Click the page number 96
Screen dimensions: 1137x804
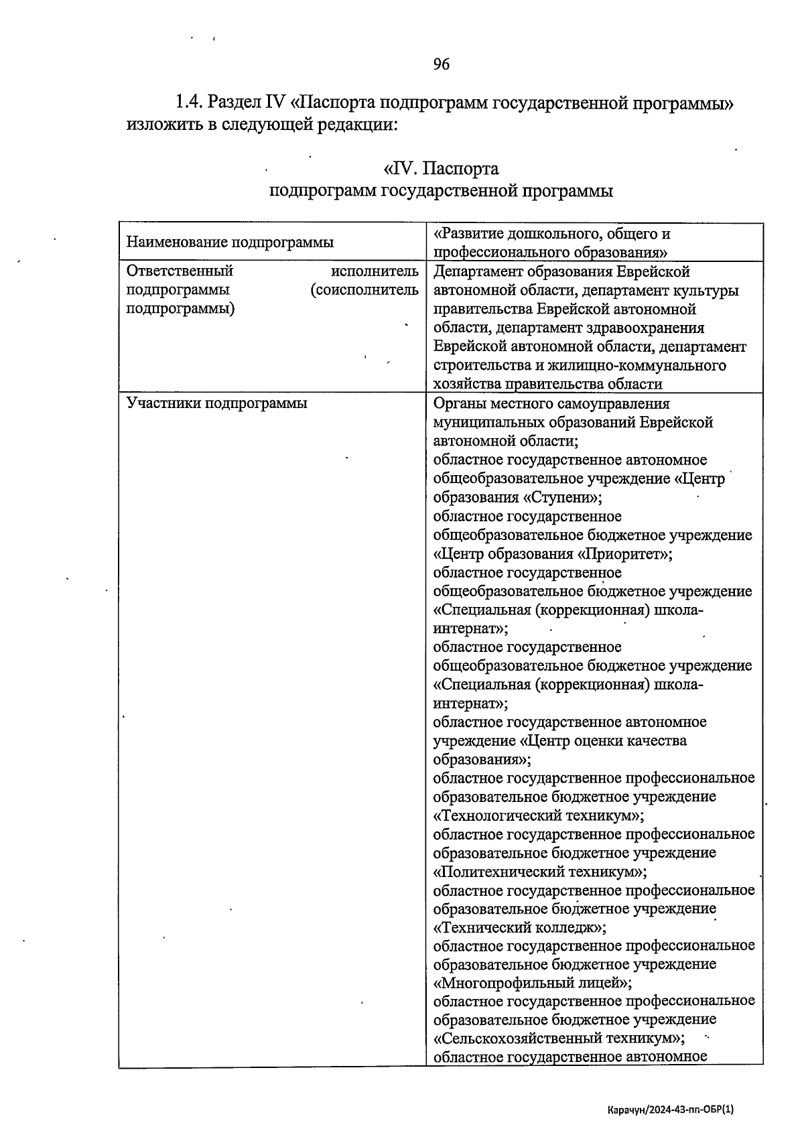click(441, 64)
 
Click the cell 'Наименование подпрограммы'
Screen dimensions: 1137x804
click(230, 243)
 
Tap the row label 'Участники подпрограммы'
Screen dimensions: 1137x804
click(216, 404)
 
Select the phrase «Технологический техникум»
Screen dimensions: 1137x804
click(539, 816)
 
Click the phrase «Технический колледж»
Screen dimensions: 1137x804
click(520, 928)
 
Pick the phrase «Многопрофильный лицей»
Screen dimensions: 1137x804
click(533, 984)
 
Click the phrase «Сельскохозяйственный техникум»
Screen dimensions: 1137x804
click(559, 1039)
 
